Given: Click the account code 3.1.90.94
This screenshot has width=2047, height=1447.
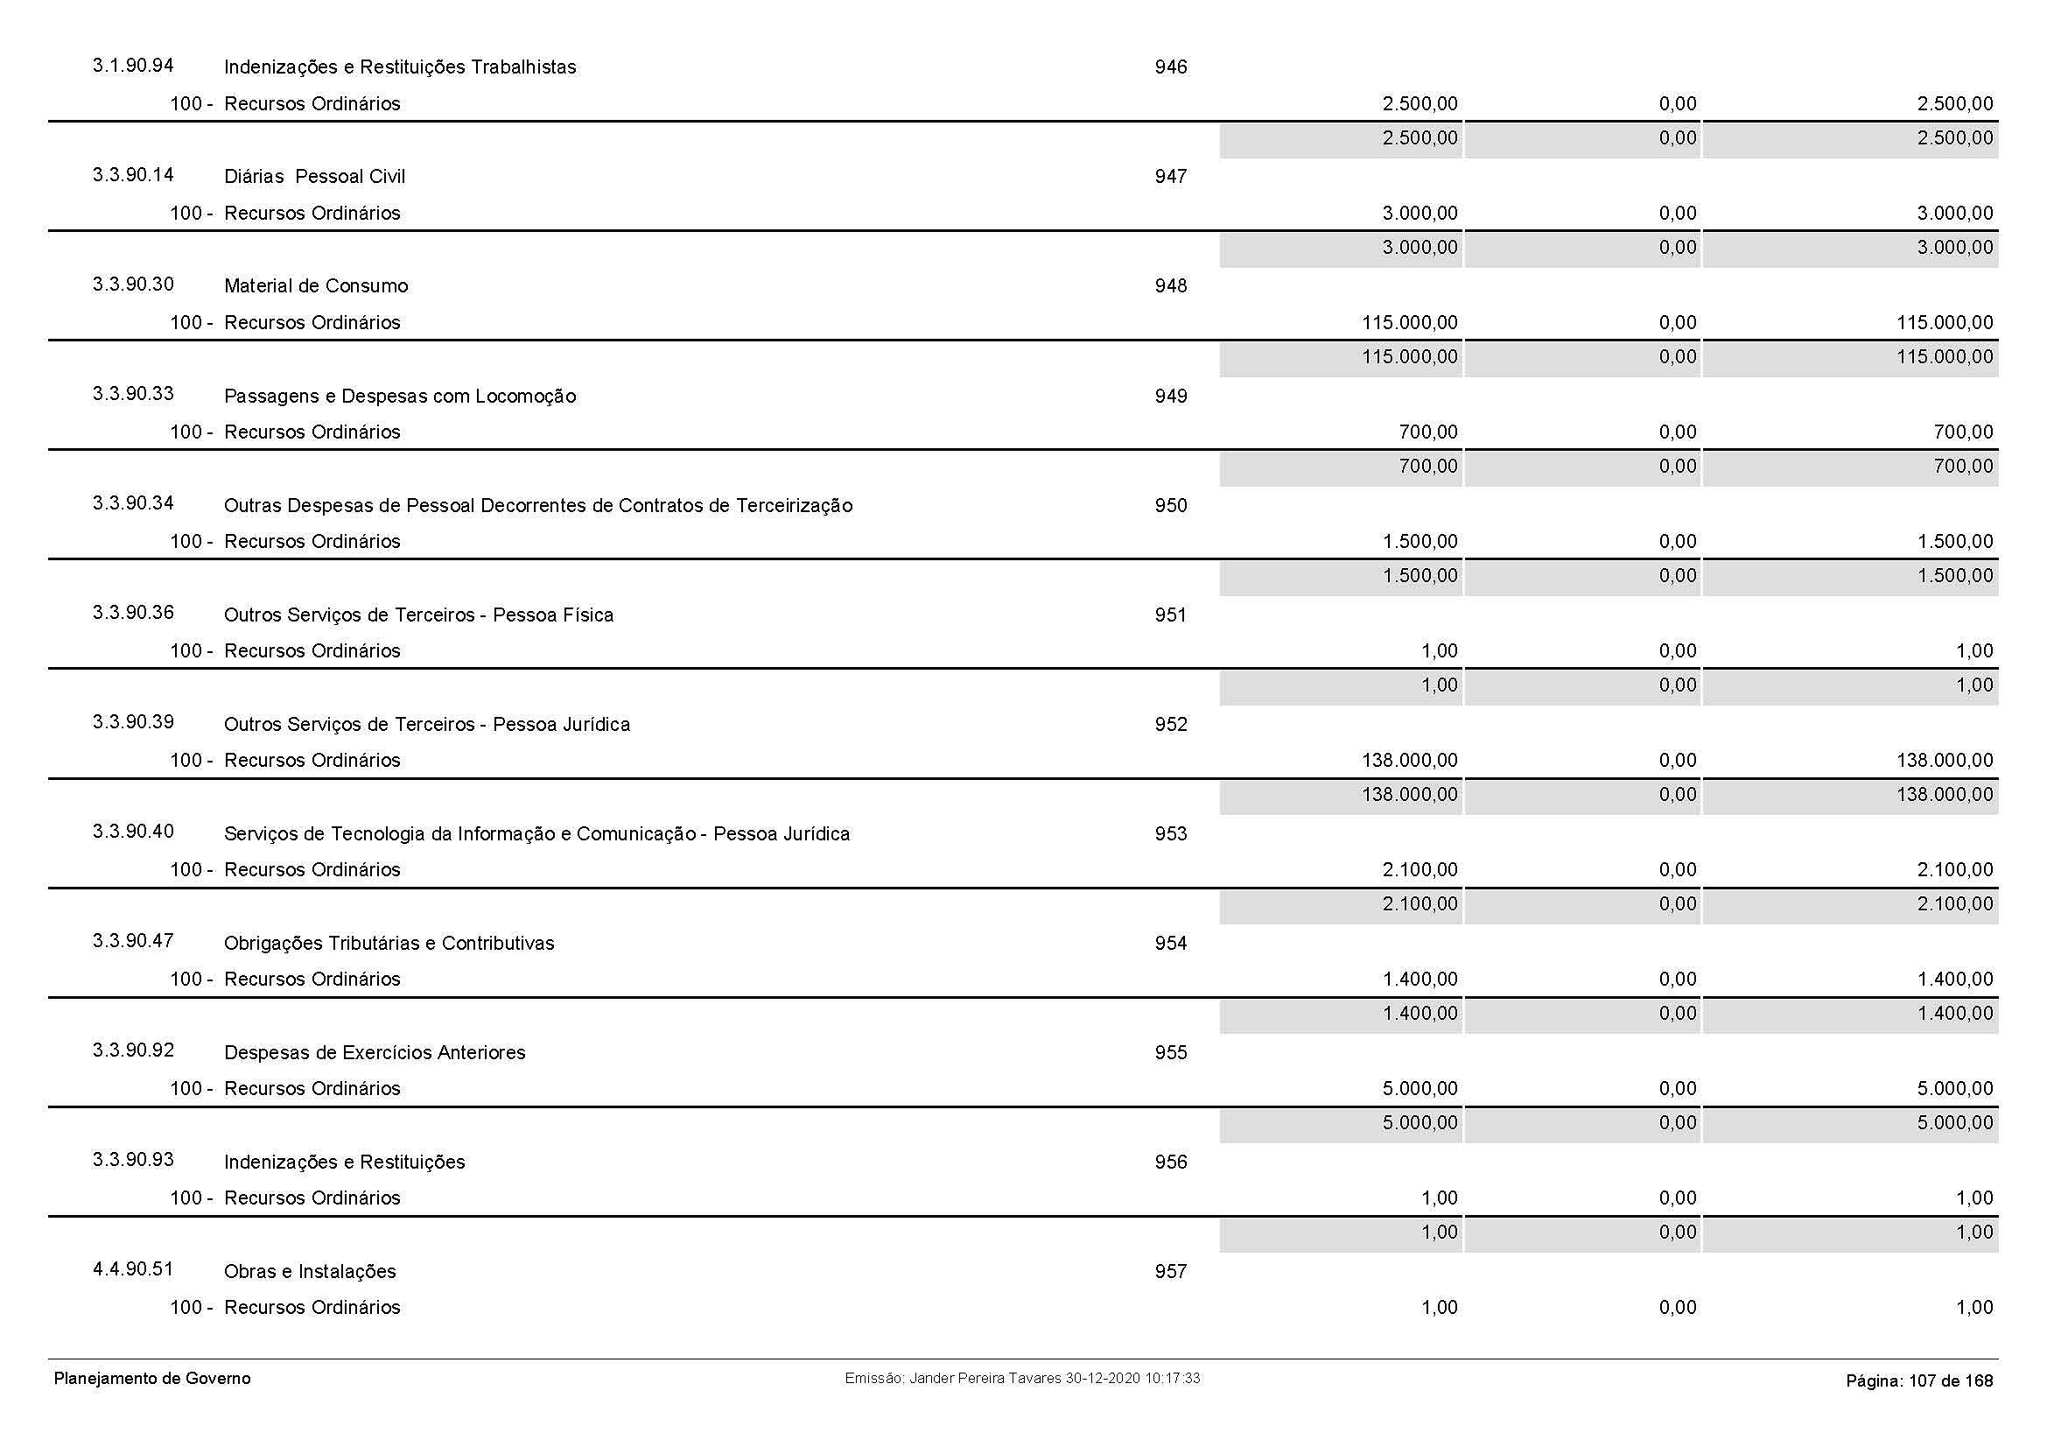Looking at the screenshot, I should (x=133, y=65).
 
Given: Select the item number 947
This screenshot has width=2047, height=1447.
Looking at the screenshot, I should (x=1171, y=177).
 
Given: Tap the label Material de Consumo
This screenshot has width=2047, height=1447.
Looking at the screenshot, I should (x=316, y=286).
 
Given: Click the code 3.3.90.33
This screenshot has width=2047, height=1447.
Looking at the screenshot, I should (x=133, y=393).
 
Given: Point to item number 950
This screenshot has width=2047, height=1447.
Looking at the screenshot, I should (x=1171, y=505).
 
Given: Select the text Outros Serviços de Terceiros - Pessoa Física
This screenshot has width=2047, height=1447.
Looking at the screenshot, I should (x=418, y=615).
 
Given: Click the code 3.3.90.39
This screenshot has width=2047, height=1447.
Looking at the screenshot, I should (x=133, y=721).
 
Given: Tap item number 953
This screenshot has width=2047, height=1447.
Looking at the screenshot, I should (x=1171, y=833).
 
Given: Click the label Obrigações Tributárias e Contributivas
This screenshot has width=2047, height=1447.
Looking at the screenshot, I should (x=389, y=944).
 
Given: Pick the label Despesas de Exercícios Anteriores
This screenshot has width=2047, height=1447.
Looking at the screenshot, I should (x=375, y=1053).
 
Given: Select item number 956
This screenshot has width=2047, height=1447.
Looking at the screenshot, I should (x=1171, y=1162).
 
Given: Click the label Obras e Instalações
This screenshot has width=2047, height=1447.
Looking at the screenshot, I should (x=309, y=1271).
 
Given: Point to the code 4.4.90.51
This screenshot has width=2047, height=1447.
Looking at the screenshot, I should (x=133, y=1268).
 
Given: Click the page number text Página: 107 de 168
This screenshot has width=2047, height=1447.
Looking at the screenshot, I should (x=1918, y=1381).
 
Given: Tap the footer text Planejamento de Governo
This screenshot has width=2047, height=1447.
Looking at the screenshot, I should (x=152, y=1379).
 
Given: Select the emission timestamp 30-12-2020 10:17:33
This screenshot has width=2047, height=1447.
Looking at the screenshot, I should (x=1132, y=1379).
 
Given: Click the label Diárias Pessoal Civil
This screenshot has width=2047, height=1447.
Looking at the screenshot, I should (x=314, y=177).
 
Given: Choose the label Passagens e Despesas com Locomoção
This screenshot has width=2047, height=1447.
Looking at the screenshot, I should (x=399, y=396).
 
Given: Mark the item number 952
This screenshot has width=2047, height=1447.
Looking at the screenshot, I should (x=1171, y=724).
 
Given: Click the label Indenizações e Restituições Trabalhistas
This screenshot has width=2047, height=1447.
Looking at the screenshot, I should (x=399, y=67).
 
